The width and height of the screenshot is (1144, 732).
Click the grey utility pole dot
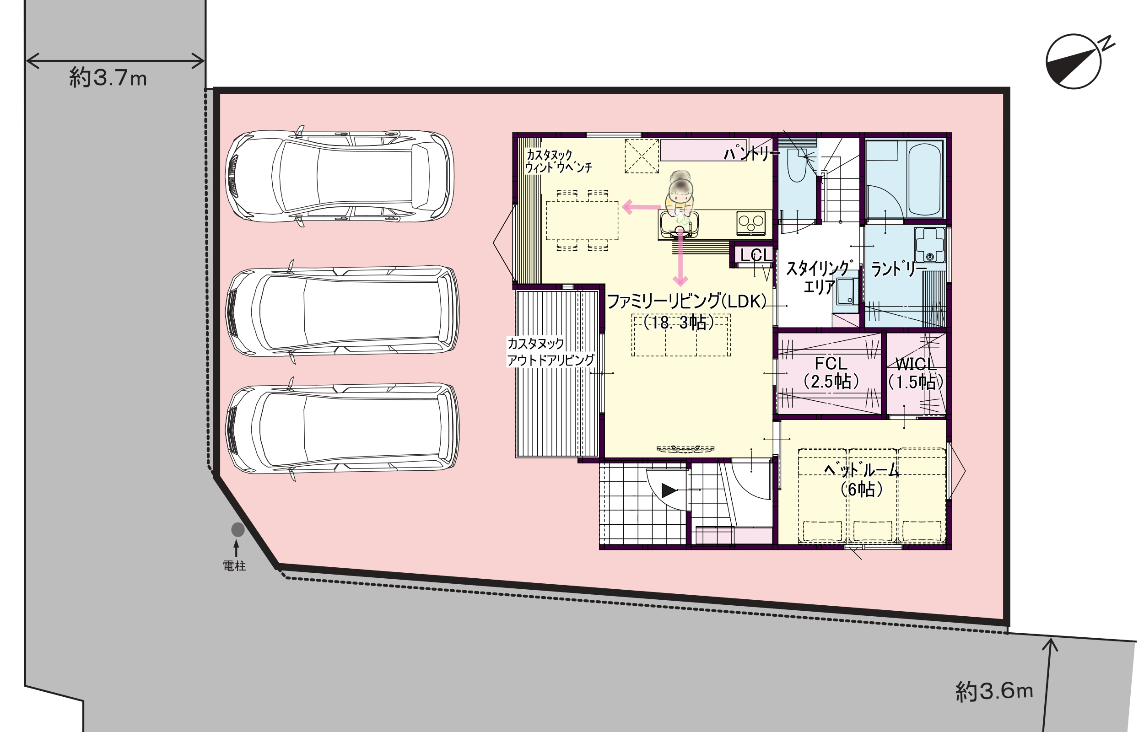pos(237,529)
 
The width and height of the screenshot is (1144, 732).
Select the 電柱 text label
pos(234,565)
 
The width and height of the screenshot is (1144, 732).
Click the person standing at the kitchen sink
pos(680,197)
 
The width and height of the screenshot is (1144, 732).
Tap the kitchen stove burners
pos(751,222)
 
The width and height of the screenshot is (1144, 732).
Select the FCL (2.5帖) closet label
pos(831,373)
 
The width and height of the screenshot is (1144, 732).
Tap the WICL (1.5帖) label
pos(916,373)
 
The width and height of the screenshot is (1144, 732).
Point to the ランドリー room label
pos(899,269)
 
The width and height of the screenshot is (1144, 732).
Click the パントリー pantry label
pos(751,152)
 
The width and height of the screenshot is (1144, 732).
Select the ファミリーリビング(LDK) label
pos(687,301)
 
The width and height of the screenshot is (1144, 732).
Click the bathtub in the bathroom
pos(925,179)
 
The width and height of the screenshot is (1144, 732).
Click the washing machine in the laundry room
pos(930,244)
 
